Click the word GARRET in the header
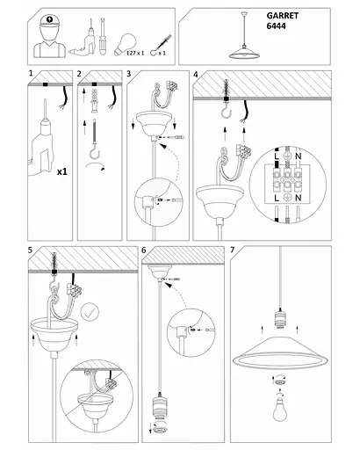[283, 16]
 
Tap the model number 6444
[276, 26]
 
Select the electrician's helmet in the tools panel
[50, 21]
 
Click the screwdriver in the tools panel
[102, 37]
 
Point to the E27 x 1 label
[135, 54]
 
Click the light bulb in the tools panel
[125, 44]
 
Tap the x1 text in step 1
[62, 171]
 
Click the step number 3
[129, 74]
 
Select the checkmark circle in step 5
[90, 312]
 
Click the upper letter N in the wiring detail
[298, 156]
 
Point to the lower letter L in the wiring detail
[277, 198]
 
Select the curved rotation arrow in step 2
[95, 166]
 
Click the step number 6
[144, 250]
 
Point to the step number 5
[31, 250]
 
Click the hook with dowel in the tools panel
[160, 46]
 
